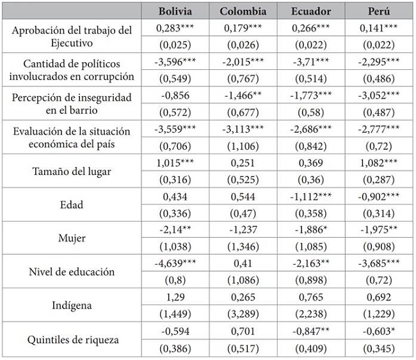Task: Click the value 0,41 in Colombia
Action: tap(243, 263)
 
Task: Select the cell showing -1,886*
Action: tap(311, 229)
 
